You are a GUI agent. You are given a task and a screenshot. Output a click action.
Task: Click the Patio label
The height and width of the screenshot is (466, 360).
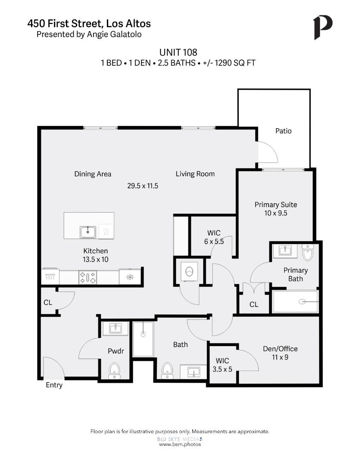click(283, 131)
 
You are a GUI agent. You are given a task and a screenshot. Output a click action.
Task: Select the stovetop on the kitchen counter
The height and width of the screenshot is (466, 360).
click(88, 277)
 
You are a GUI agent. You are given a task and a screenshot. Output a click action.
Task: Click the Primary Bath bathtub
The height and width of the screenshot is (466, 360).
click(295, 302)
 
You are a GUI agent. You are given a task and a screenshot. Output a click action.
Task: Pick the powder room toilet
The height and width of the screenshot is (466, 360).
click(115, 370)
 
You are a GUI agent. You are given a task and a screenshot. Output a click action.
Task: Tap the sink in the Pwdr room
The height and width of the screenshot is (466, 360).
click(115, 329)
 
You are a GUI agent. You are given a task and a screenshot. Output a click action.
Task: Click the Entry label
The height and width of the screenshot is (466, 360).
click(54, 385)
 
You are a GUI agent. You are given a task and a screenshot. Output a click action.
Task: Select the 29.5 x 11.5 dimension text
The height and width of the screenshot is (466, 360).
click(143, 186)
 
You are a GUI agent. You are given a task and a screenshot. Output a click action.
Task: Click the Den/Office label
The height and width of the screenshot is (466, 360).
click(280, 349)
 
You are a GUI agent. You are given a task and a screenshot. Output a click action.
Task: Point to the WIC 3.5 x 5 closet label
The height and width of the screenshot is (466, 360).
click(222, 365)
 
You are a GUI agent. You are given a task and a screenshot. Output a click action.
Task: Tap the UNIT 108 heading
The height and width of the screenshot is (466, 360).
click(178, 52)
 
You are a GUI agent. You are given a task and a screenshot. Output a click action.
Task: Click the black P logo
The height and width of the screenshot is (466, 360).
click(322, 27)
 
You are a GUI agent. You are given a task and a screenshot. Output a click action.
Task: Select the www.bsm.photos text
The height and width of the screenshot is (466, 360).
click(180, 444)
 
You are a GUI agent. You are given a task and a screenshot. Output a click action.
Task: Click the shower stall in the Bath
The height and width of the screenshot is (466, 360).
click(143, 339)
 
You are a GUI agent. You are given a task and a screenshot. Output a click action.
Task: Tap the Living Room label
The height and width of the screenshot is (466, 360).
click(195, 174)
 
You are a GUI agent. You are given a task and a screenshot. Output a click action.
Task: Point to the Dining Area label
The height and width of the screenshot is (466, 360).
click(93, 174)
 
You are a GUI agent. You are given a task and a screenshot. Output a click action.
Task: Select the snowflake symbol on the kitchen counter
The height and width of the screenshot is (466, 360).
click(130, 277)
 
